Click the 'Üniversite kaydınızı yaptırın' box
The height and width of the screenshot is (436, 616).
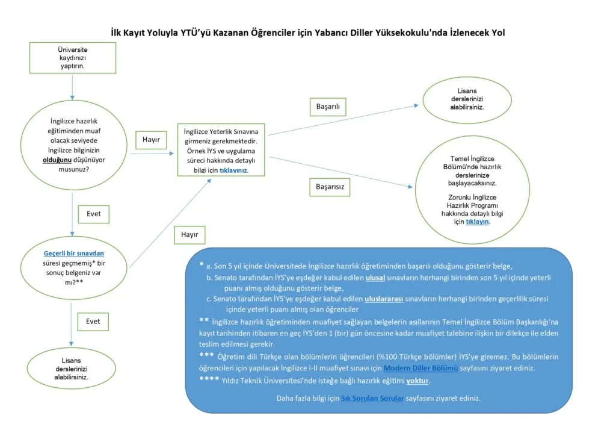[x=72, y=57]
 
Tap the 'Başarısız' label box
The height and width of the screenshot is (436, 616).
[x=330, y=187]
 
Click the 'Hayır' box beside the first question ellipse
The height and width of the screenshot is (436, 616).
[x=151, y=140]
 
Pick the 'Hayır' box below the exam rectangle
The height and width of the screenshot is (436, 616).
[x=189, y=235]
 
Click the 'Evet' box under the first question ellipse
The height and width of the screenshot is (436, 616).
[x=93, y=214]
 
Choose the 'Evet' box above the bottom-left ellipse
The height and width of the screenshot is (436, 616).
[x=93, y=322]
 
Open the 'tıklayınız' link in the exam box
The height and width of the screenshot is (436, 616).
[x=233, y=170]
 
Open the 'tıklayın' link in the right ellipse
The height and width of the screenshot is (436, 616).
[x=478, y=222]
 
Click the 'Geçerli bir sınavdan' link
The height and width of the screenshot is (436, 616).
[x=70, y=254]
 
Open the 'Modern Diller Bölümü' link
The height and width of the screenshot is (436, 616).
[x=420, y=367]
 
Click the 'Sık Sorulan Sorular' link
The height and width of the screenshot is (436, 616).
[x=372, y=399]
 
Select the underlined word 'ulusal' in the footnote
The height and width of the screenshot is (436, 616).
[x=375, y=278]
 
